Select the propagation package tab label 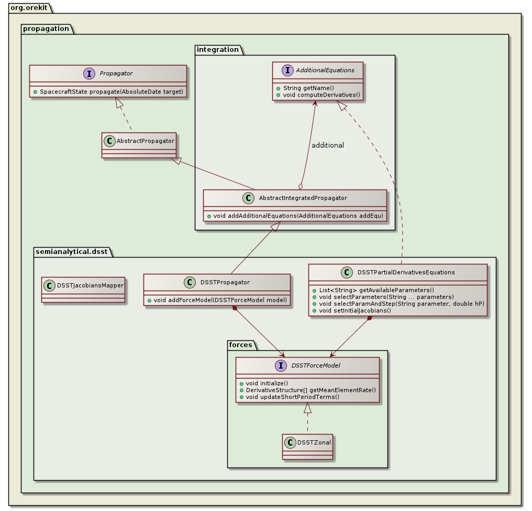(x=45, y=28)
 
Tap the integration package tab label (x=217, y=49)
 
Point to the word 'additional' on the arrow (x=328, y=145)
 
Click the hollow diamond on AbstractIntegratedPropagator (x=301, y=185)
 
